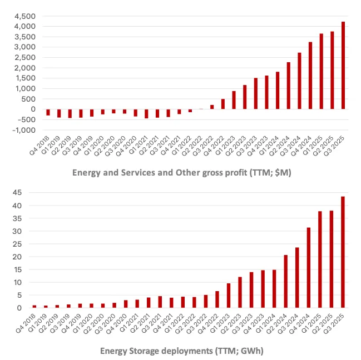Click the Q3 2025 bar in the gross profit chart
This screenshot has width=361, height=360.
click(x=343, y=66)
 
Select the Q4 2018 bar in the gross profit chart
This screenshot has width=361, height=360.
click(x=48, y=112)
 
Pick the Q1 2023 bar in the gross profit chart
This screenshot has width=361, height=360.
click(x=234, y=100)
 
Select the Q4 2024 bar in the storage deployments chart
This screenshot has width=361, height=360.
click(x=309, y=267)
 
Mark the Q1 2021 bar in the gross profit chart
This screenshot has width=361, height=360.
click(x=146, y=113)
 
